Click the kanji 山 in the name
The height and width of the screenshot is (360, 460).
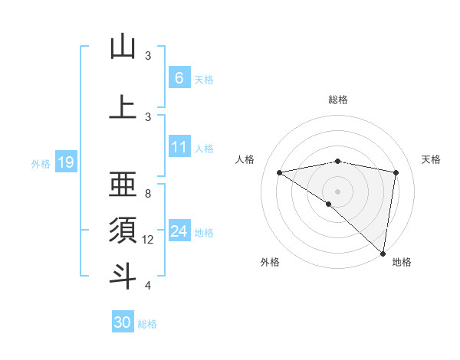[x=123, y=47]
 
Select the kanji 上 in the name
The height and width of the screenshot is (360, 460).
[x=123, y=107]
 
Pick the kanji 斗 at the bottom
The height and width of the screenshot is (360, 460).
[x=123, y=276]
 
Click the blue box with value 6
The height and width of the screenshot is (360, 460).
[x=179, y=77]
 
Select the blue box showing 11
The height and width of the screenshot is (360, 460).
[x=179, y=146]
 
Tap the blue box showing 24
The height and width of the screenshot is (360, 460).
[x=179, y=231]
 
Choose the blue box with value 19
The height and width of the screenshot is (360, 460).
[x=65, y=162]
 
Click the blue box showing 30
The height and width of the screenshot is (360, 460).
[x=122, y=322]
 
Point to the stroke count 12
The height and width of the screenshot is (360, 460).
[x=148, y=240]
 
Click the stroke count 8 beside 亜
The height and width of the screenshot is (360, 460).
[x=148, y=194]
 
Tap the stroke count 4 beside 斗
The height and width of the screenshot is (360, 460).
[x=148, y=286]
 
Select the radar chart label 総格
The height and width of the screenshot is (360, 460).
[x=338, y=100]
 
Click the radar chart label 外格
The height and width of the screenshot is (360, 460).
[x=269, y=262]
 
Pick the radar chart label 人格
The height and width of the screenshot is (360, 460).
[x=245, y=159]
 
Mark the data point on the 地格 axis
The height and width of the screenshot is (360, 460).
[x=383, y=253]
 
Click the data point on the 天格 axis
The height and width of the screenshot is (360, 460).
[x=396, y=172]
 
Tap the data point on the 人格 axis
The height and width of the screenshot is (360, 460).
[x=280, y=172]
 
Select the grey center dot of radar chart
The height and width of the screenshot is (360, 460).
[x=338, y=191]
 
